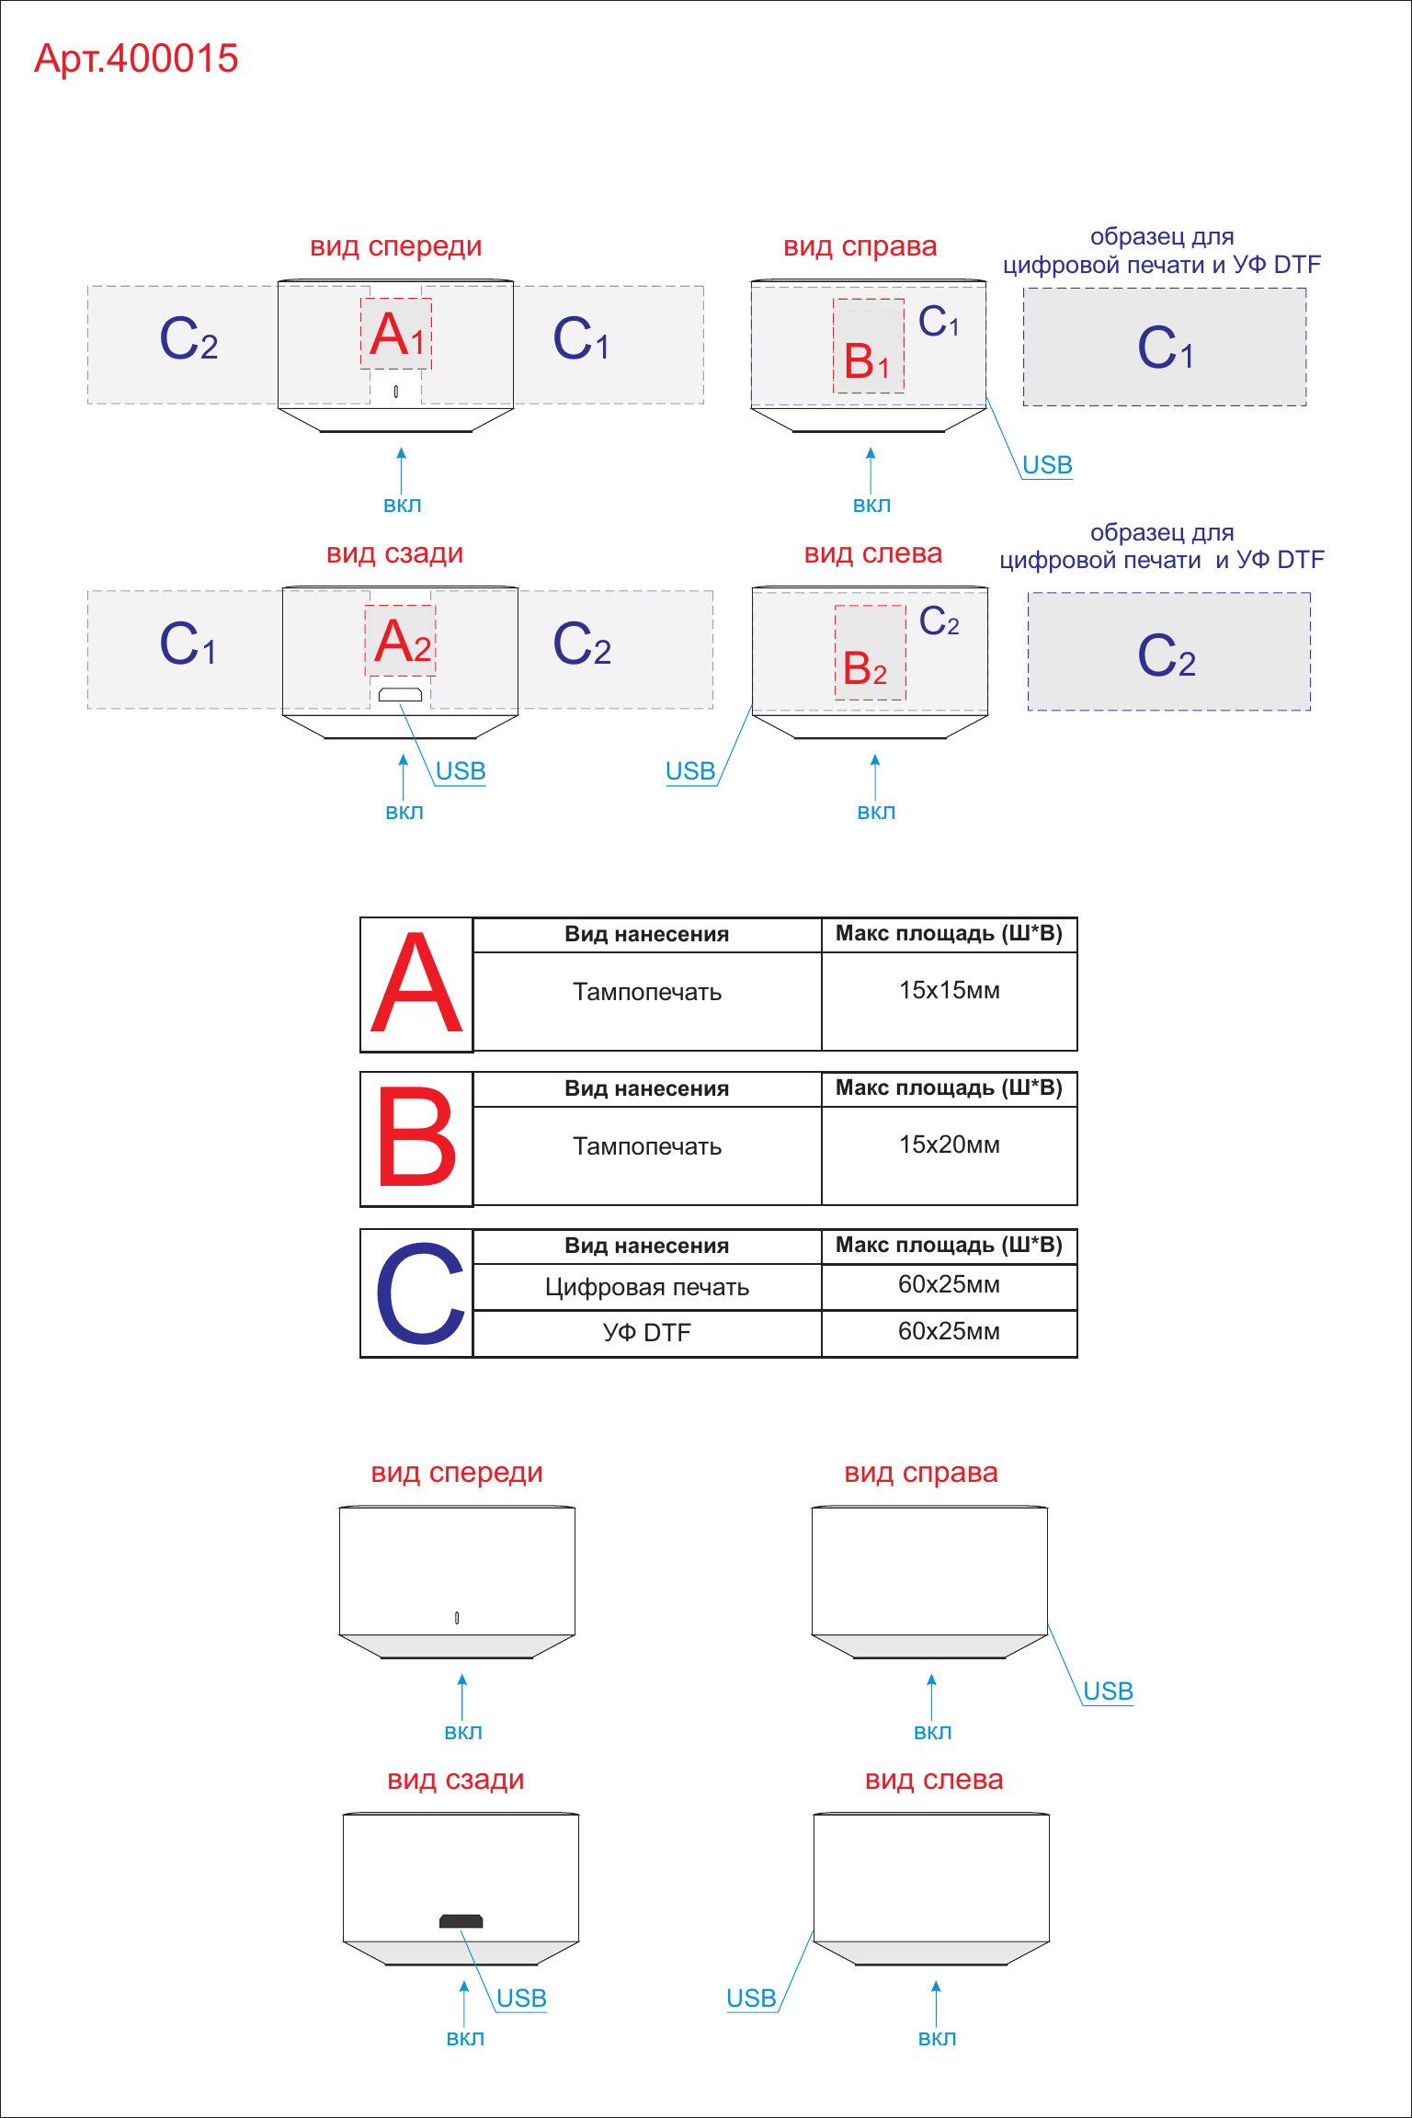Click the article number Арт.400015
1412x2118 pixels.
(x=136, y=59)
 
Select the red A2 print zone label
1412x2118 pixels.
(x=403, y=641)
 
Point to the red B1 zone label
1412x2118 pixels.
(x=867, y=360)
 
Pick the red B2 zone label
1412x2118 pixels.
(x=865, y=667)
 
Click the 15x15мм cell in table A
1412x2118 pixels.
(x=950, y=990)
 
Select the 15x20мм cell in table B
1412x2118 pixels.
(x=950, y=1144)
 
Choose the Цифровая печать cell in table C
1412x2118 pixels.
(x=647, y=1287)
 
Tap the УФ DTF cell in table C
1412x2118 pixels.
(x=647, y=1332)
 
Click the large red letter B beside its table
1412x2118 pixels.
(x=416, y=1137)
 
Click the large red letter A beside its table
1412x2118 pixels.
(x=416, y=984)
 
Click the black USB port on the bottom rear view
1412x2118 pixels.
(x=461, y=1921)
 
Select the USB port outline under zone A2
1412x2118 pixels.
(x=400, y=694)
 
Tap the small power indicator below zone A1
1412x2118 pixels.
(x=396, y=392)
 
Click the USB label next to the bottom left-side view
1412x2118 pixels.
(x=751, y=1998)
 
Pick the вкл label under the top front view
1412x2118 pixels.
(x=402, y=505)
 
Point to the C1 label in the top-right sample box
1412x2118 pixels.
(x=1166, y=347)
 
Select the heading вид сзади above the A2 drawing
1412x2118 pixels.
(x=395, y=553)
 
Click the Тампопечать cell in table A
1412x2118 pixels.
(x=647, y=992)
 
